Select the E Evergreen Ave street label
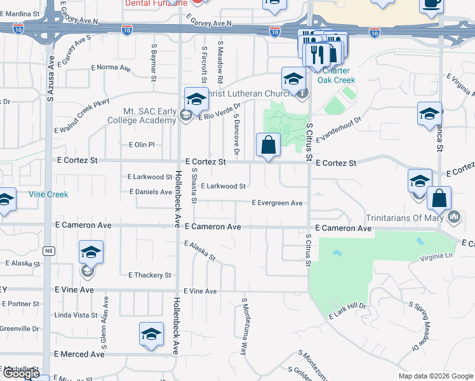click(x=277, y=203)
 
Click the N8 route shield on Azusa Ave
click(x=48, y=251)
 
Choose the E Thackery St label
click(x=150, y=275)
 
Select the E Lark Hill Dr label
click(x=348, y=311)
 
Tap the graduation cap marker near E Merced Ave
click(x=151, y=335)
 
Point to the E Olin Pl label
click(x=142, y=145)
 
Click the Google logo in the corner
click(x=21, y=374)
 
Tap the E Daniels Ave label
click(x=151, y=192)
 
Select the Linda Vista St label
click(x=76, y=315)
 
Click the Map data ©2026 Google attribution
click(x=435, y=376)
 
